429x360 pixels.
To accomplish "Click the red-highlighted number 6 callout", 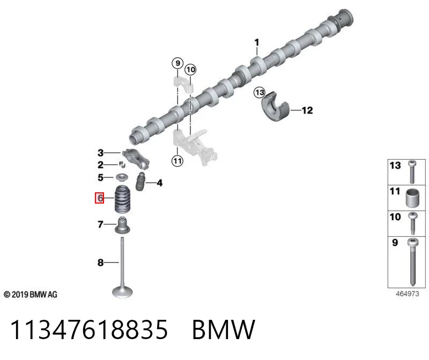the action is (x=99, y=198).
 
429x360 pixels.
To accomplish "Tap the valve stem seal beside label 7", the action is (x=122, y=225).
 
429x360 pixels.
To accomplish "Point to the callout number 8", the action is (x=100, y=262).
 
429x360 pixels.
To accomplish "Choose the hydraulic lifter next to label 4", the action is (x=140, y=182).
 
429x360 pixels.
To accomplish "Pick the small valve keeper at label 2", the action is (x=122, y=164).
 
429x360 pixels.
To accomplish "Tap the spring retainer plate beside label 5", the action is (x=122, y=177).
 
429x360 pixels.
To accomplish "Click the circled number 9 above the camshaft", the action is (x=177, y=63).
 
